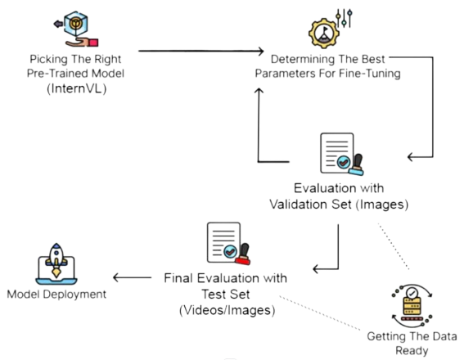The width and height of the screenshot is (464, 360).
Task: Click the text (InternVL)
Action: pos(77,88)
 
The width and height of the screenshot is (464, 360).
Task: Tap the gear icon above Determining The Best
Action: pos(324,34)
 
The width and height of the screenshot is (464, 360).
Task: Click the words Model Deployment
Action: pos(56,295)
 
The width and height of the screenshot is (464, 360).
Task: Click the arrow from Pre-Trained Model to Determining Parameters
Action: pos(201,51)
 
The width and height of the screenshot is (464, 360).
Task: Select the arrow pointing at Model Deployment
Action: pos(132,277)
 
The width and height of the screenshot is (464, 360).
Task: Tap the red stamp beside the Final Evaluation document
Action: pos(243,254)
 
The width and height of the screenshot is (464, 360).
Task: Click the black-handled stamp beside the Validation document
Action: pos(356,164)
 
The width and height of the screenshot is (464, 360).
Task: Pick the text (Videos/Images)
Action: pos(227,310)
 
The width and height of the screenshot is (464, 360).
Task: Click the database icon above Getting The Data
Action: pos(412,306)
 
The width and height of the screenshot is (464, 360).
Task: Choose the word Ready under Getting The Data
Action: pos(412,350)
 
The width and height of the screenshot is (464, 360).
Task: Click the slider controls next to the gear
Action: pos(345,18)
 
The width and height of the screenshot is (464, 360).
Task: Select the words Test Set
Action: pos(226,295)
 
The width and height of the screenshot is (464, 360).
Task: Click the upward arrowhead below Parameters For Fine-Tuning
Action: pos(259,91)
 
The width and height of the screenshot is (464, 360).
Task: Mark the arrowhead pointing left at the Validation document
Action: pos(411,157)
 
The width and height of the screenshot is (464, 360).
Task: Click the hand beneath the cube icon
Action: pos(81,43)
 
